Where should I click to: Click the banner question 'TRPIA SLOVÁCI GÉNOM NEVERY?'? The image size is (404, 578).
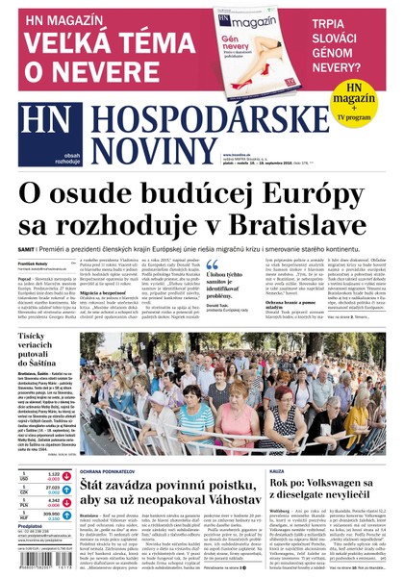tap(353, 44)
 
